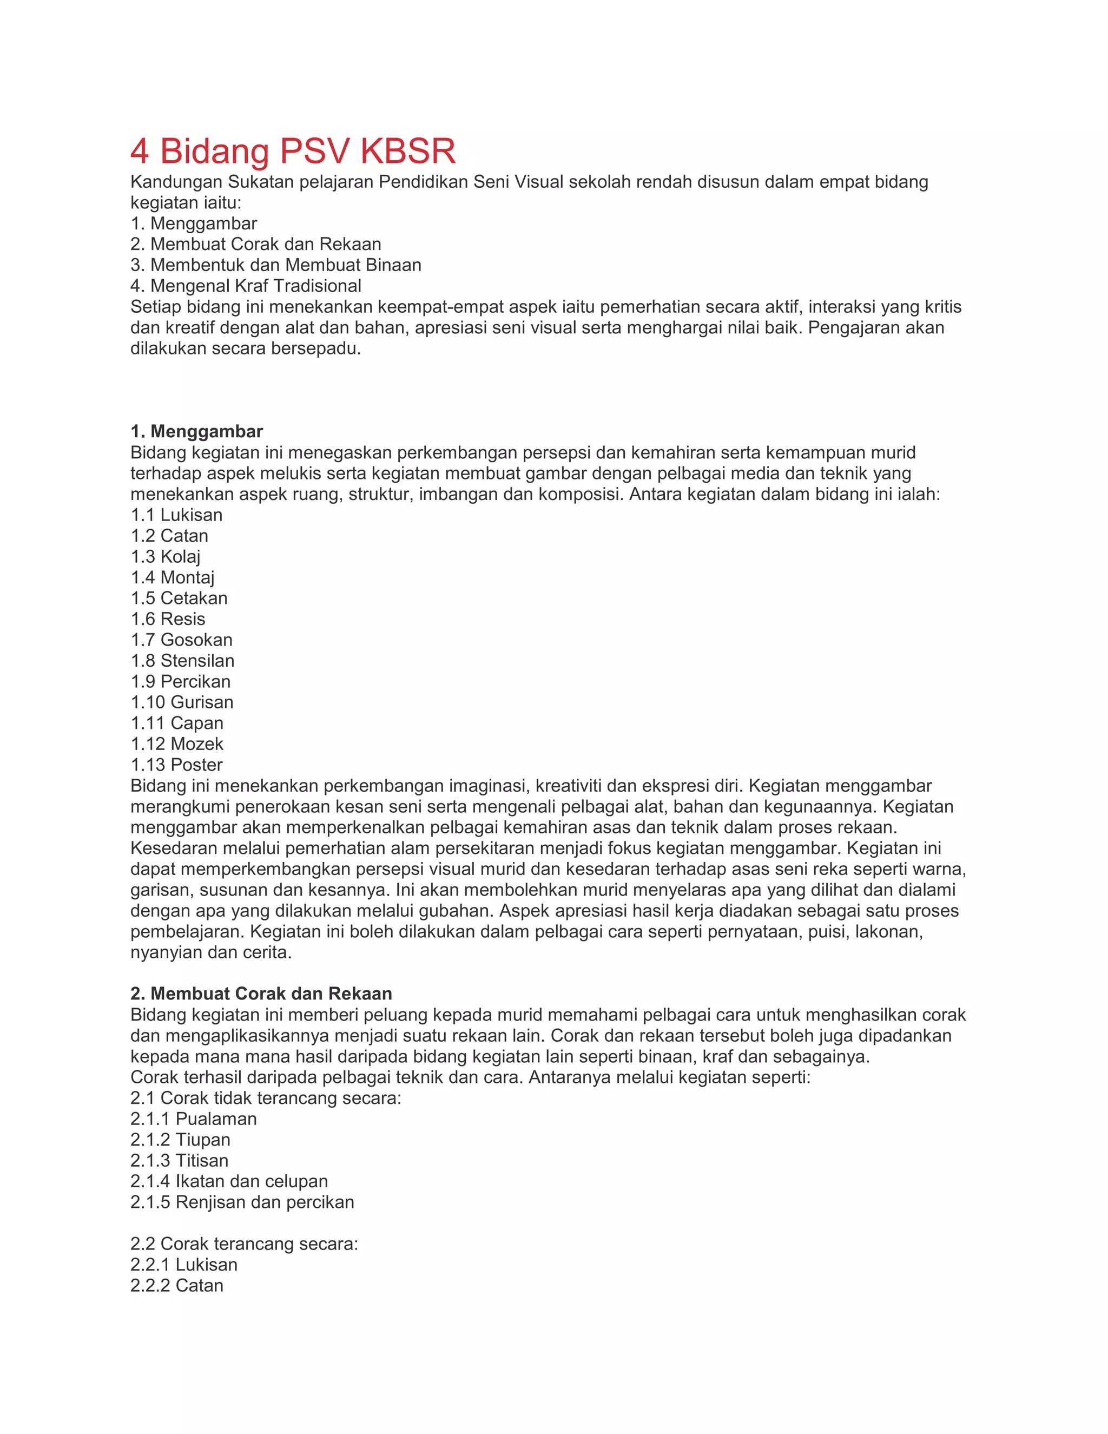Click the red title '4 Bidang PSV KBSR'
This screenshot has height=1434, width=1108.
pos(292,151)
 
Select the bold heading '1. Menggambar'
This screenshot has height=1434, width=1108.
pos(196,431)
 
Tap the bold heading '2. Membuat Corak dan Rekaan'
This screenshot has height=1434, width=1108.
pos(261,994)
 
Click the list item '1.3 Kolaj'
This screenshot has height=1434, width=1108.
pos(166,556)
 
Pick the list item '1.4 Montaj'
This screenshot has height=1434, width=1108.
pos(173,577)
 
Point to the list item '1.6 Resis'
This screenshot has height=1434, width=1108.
pos(168,619)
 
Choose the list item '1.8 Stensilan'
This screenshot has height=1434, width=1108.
pos(182,661)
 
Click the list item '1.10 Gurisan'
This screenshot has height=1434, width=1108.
pos(182,702)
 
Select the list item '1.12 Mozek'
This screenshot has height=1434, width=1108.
pos(177,744)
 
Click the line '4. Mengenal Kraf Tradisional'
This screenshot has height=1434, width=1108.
pos(246,286)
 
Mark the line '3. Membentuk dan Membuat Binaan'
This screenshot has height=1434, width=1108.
pos(276,265)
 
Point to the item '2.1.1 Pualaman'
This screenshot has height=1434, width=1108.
pos(194,1119)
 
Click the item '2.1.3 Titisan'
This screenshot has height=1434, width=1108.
pos(179,1160)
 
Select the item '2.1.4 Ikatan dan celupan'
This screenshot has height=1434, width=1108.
pos(229,1181)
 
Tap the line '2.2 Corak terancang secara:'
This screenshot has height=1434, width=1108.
pos(244,1244)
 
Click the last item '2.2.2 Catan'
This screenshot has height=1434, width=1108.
pos(176,1286)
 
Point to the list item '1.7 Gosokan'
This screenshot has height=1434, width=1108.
pos(181,640)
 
